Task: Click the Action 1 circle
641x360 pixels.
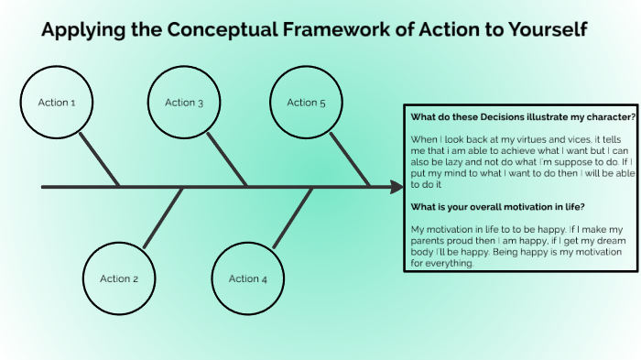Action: (57, 103)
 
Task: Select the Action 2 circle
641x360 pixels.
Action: (119, 278)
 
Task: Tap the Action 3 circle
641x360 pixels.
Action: (185, 103)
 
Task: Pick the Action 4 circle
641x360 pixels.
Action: (248, 278)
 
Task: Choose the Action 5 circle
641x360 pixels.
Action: (307, 103)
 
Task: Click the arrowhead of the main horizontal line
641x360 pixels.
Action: (397, 187)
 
